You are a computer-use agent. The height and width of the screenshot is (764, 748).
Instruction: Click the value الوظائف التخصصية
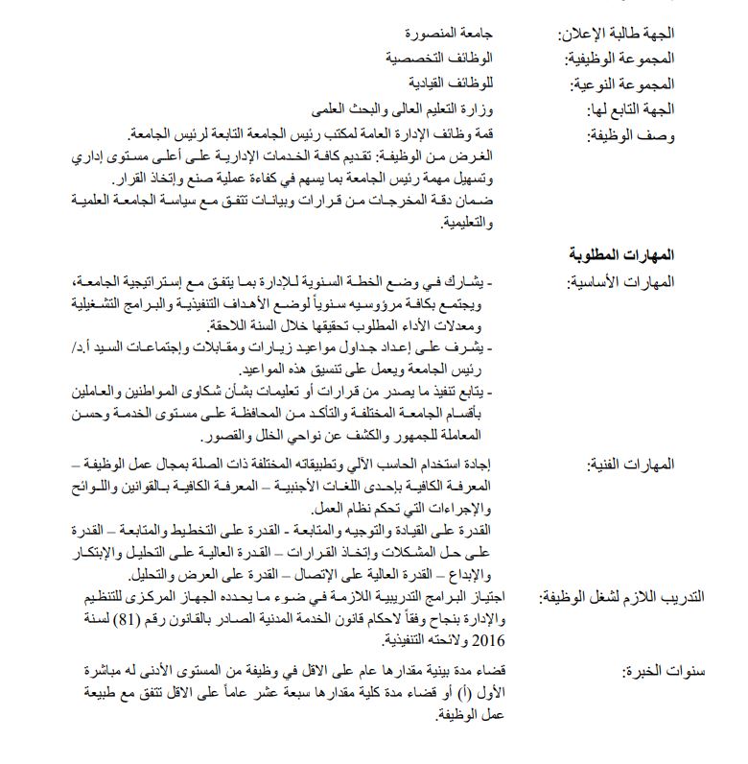[448, 58]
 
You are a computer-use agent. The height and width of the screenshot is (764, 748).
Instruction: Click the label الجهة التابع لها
[632, 109]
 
